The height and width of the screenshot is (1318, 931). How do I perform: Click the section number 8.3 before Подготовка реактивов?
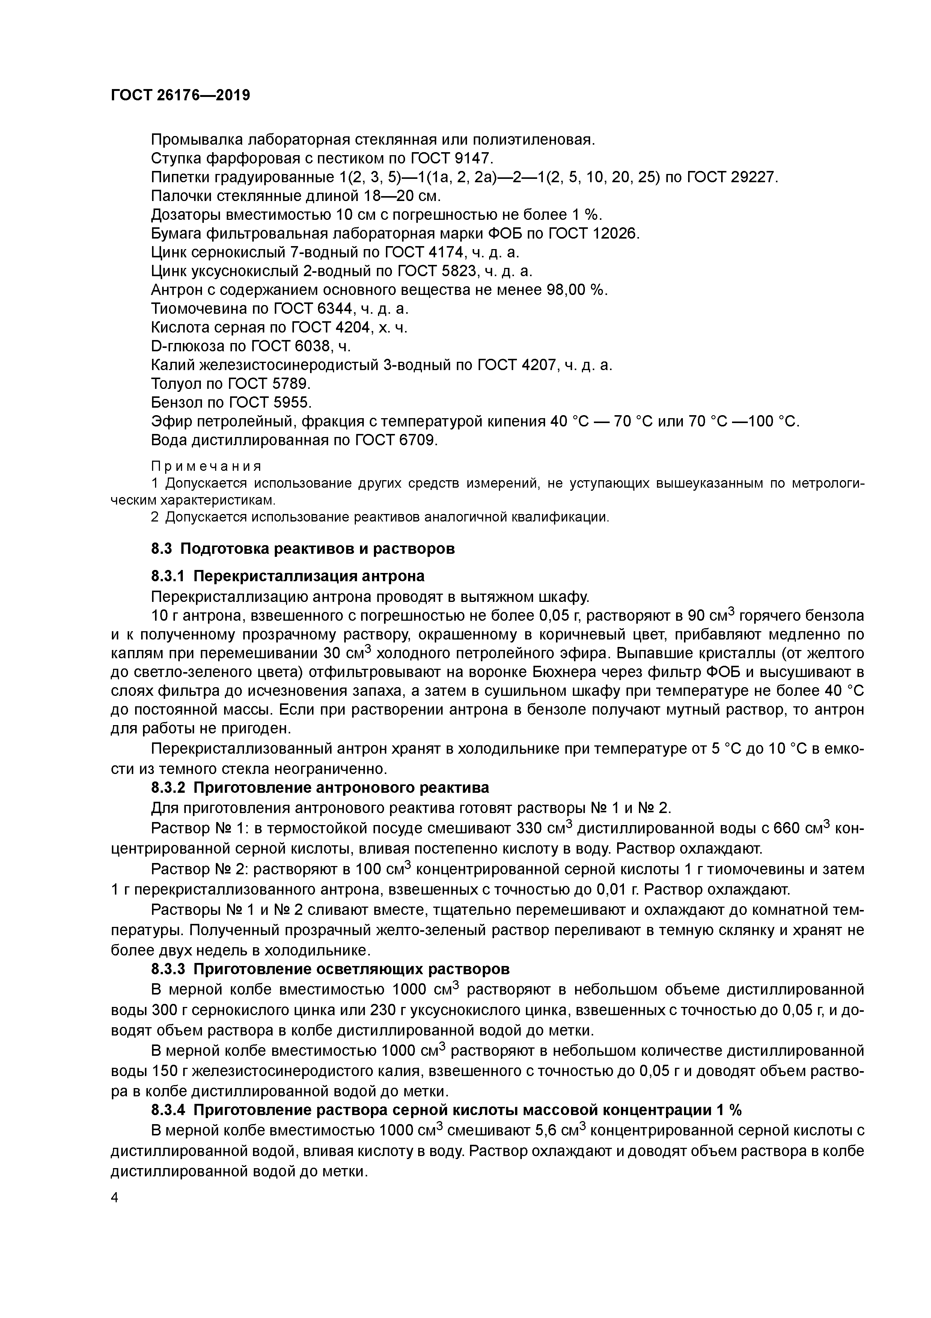tap(162, 549)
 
